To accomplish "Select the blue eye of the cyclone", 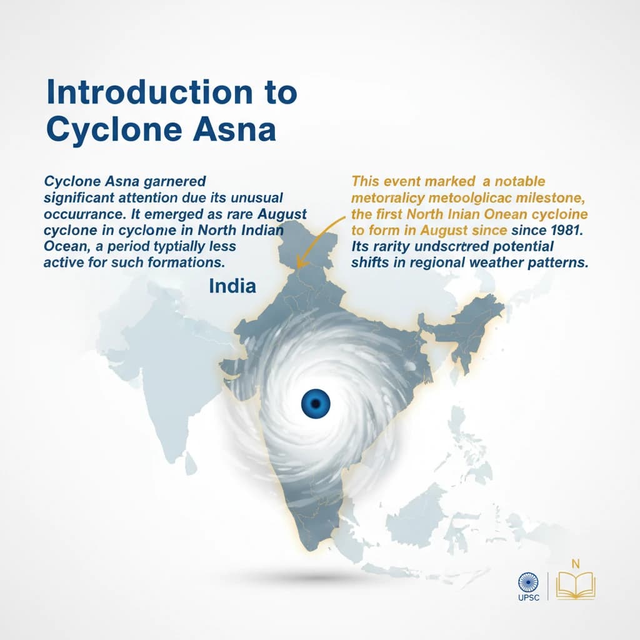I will point(315,402).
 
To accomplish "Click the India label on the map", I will point(232,286).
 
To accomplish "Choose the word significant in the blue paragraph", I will point(79,198).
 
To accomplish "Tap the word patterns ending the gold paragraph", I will point(557,262).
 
